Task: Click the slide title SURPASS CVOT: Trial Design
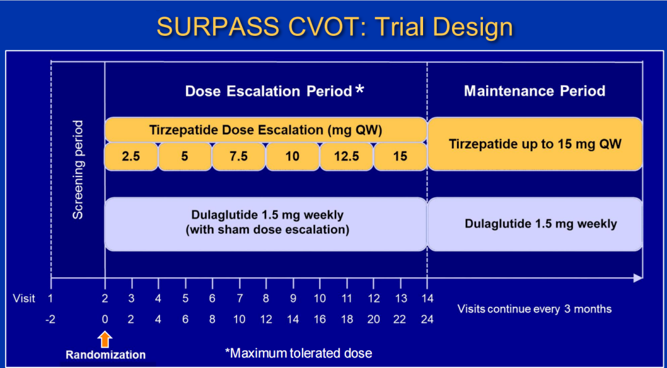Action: point(334,27)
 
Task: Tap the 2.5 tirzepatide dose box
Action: point(131,156)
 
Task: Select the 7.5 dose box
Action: point(238,156)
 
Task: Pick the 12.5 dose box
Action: point(346,156)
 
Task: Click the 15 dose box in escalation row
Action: point(400,156)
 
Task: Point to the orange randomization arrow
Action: point(105,339)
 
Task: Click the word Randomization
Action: point(106,355)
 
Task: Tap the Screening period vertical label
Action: point(78,170)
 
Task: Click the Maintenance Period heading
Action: point(534,91)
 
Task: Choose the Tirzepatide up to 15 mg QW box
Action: point(535,144)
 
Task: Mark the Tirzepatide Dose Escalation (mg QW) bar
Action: point(266,130)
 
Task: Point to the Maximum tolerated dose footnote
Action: point(299,353)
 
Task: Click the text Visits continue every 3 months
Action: point(534,309)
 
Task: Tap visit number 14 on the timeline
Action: point(427,299)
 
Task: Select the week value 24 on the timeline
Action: point(427,319)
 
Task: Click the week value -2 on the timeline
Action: point(51,319)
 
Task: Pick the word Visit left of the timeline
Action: point(24,299)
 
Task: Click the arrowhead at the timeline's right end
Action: point(637,278)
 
